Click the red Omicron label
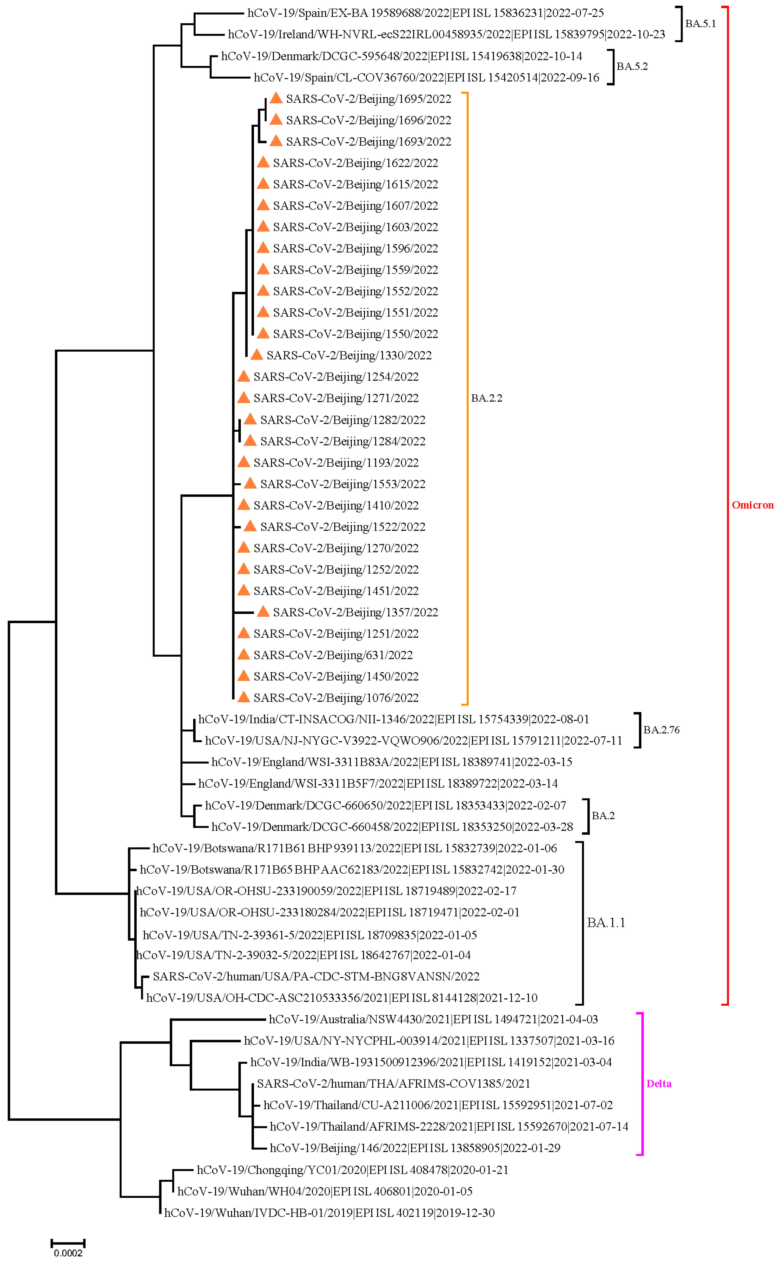[x=752, y=505]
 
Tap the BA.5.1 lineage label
[x=700, y=24]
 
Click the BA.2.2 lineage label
[x=486, y=398]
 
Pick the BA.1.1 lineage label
[x=606, y=923]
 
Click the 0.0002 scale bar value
[x=68, y=1253]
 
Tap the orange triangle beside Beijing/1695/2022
[x=276, y=98]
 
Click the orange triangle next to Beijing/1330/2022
[x=256, y=354]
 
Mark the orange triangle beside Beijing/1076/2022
[x=243, y=697]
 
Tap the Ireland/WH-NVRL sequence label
[x=446, y=34]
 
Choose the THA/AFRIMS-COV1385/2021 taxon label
[x=393, y=1083]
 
